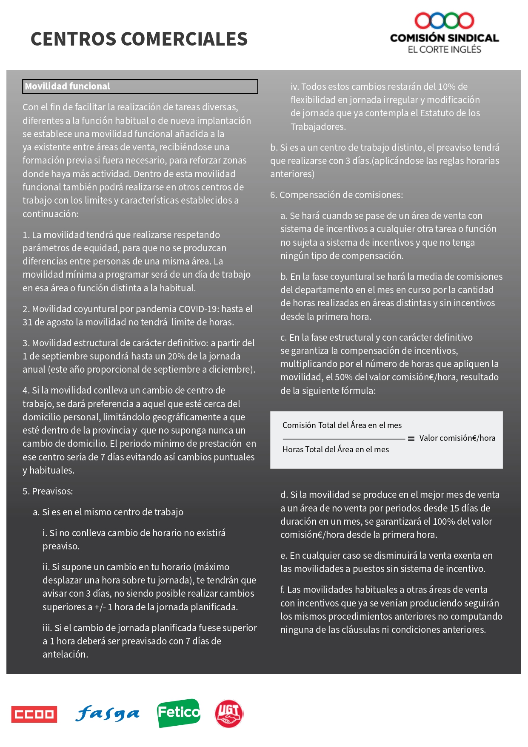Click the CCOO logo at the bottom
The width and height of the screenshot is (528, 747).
(x=34, y=714)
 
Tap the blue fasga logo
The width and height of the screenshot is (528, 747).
(x=107, y=714)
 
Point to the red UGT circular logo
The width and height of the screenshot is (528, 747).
(x=229, y=714)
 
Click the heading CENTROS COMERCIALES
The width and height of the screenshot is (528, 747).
(x=139, y=39)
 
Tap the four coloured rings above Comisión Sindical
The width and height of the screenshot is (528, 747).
(x=444, y=20)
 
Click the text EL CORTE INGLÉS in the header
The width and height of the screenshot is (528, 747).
(x=444, y=49)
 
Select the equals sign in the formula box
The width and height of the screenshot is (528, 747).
(x=411, y=439)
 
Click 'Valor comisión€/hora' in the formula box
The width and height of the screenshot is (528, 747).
(x=457, y=438)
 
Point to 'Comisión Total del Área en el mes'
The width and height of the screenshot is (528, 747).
(x=342, y=425)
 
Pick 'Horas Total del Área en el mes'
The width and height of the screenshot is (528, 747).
(x=336, y=449)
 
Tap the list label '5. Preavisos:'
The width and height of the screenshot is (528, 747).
(x=48, y=491)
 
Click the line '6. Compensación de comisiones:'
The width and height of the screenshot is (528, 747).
(x=337, y=195)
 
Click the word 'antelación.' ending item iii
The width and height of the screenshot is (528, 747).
(x=65, y=654)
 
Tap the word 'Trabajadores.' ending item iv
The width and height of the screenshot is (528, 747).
(x=318, y=126)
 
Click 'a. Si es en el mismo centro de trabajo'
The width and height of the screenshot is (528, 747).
(x=108, y=512)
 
